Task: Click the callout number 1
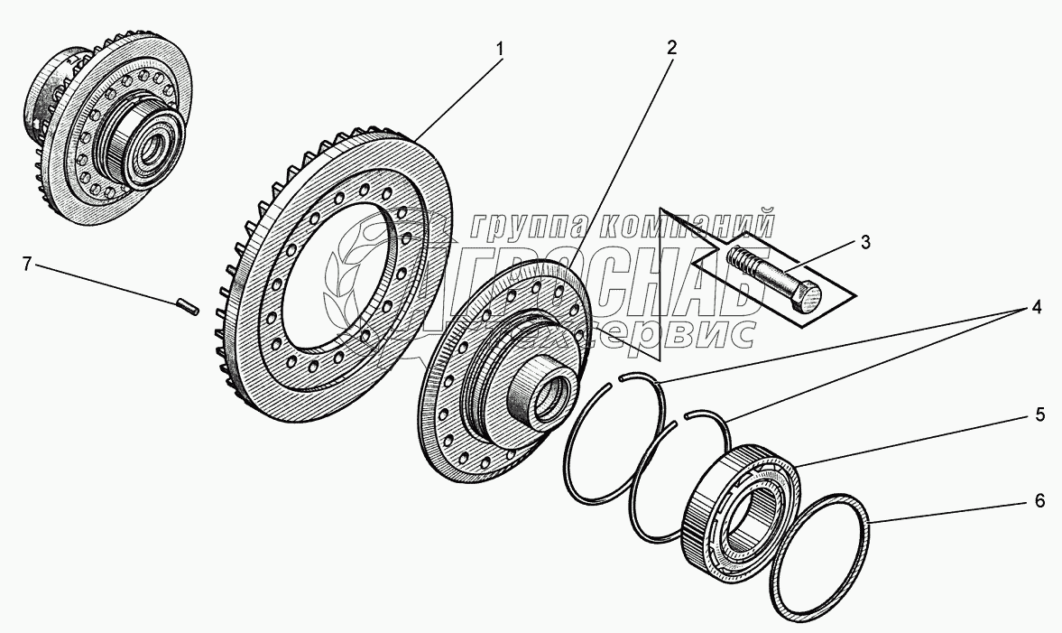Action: pos(499,46)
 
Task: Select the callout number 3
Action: pos(865,241)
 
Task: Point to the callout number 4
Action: pos(1037,308)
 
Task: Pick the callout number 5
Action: pos(1039,415)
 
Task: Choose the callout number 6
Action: pos(1039,501)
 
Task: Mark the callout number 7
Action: pos(27,264)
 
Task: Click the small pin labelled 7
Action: pos(187,307)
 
